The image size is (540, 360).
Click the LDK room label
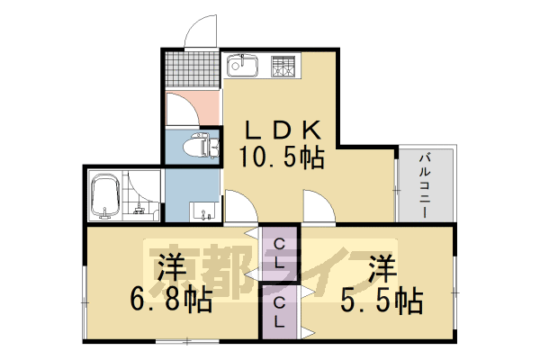(x=280, y=129)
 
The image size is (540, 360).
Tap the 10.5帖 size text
(x=280, y=158)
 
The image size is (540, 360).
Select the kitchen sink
(x=242, y=67)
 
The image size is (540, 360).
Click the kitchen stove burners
(x=285, y=67)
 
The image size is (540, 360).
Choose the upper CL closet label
(x=280, y=254)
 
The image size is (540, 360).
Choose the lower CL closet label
(x=280, y=311)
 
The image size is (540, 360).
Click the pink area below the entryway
(x=193, y=109)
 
